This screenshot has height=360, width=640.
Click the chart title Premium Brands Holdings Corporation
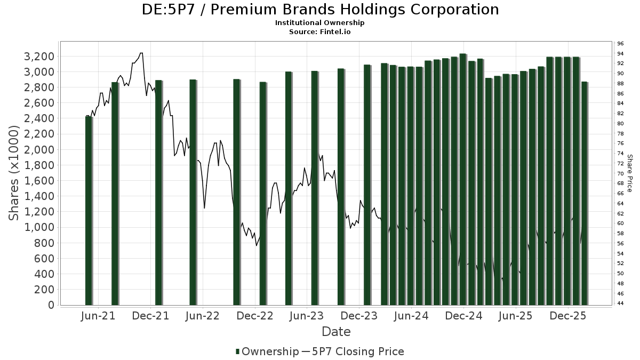[x=320, y=10]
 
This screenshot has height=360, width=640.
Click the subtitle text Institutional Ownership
[x=320, y=23]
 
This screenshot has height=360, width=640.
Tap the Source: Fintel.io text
[x=320, y=31]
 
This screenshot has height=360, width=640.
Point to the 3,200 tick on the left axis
[x=39, y=57]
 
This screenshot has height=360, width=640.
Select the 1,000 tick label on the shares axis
[x=39, y=227]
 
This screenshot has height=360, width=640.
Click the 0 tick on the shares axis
[x=51, y=305]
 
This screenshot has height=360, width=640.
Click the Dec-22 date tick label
[x=256, y=316]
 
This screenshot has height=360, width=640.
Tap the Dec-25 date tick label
[x=568, y=316]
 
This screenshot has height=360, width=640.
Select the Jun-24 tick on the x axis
[x=411, y=316]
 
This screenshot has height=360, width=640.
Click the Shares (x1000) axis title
[x=14, y=173]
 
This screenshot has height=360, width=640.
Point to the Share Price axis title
[x=629, y=173]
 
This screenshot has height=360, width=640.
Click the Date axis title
[x=336, y=332]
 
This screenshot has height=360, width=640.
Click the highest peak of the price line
[x=141, y=53]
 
